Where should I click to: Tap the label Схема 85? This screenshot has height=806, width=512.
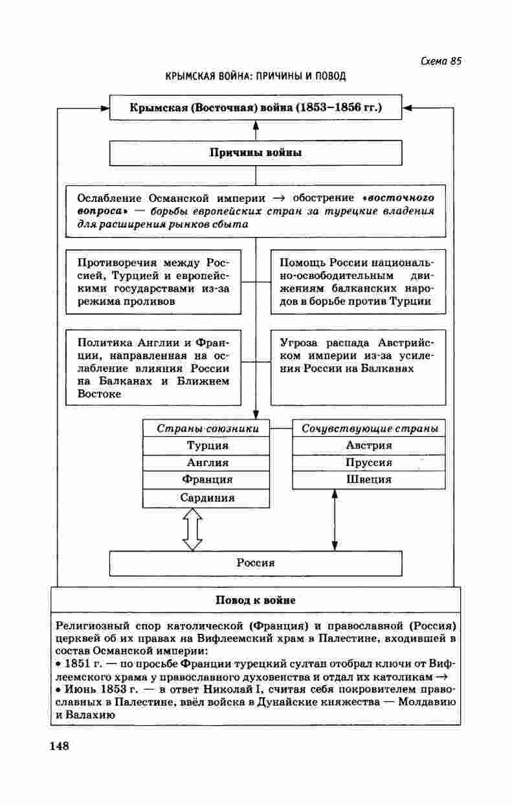(440, 62)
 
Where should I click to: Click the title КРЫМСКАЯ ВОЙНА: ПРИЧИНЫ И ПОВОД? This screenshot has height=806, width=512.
(256, 76)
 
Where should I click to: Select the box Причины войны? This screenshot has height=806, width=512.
(256, 153)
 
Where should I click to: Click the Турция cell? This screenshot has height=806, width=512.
(207, 445)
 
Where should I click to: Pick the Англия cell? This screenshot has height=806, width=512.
(207, 463)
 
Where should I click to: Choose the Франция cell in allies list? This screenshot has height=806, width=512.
(207, 480)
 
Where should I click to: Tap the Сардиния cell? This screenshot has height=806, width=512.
(207, 498)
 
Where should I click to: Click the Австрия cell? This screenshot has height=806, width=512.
(369, 445)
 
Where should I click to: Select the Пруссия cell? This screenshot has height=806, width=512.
(369, 463)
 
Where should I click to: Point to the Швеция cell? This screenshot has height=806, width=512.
(369, 480)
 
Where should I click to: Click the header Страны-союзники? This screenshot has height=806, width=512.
(208, 429)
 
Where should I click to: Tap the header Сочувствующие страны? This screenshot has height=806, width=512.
(370, 429)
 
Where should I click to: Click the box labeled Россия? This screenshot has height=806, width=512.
(256, 563)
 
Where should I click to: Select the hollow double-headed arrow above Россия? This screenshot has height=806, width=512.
(192, 529)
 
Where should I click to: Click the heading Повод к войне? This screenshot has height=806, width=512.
(256, 600)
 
